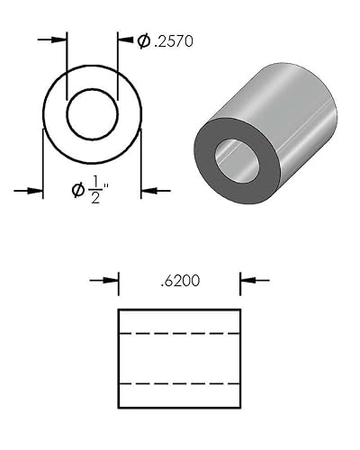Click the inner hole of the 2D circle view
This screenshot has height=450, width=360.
click(x=93, y=113)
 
